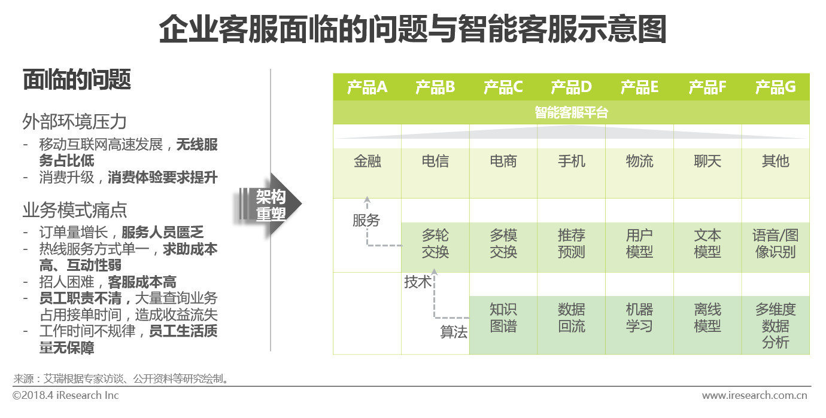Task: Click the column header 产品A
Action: point(367,87)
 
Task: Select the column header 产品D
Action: point(571,87)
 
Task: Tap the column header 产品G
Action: point(775,87)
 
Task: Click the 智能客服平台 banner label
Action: point(571,112)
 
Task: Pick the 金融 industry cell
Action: point(368,173)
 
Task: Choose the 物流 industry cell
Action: point(639,173)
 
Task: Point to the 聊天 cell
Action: point(707,173)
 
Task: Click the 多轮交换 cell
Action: point(436,248)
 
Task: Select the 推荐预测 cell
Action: point(571,248)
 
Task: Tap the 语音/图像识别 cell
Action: point(776,248)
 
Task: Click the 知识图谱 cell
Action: point(503,325)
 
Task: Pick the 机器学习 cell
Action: point(639,325)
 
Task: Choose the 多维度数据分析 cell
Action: point(776,325)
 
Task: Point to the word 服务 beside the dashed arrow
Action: point(366,221)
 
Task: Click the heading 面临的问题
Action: point(77,80)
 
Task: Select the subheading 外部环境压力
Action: point(74,121)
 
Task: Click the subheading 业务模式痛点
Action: point(74,210)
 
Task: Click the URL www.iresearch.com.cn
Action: point(754,395)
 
